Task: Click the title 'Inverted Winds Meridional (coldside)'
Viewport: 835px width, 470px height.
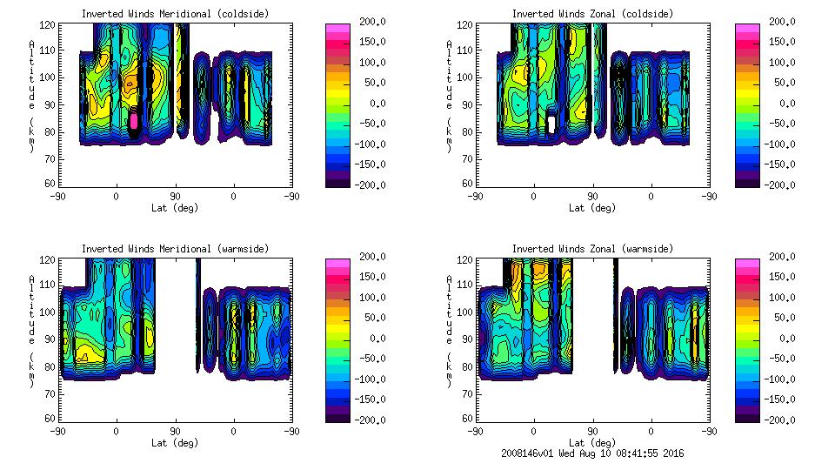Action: (x=175, y=14)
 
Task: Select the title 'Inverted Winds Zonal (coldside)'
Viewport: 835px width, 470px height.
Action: (x=592, y=14)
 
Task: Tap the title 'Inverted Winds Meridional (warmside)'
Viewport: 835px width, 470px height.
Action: (x=175, y=249)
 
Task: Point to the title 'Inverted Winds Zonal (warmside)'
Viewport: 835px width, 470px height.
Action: (x=592, y=249)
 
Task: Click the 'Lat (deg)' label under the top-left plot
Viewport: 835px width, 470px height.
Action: (x=175, y=208)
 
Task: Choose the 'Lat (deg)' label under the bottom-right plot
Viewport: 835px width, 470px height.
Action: (x=592, y=443)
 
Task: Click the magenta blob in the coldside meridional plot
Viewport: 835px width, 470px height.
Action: (x=134, y=119)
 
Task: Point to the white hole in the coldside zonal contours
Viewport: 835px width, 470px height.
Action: (x=551, y=123)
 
